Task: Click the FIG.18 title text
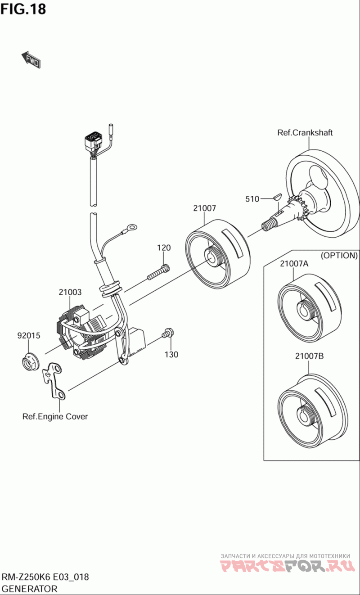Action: pos(23,9)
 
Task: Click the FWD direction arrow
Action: pos(31,59)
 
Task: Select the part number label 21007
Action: pos(205,208)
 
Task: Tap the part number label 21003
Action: pos(70,292)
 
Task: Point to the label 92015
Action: pos(29,335)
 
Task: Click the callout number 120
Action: pos(164,248)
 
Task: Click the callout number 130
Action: pos(171,355)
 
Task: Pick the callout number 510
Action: pos(252,199)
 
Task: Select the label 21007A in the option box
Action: pos(294,264)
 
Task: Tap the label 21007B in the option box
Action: pos(309,356)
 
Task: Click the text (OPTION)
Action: pos(339,255)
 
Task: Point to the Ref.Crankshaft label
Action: pos(305,132)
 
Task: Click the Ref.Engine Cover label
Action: pos(55,416)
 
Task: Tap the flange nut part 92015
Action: pos(29,361)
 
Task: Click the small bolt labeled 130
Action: pos(168,334)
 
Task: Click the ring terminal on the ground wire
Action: pos(132,228)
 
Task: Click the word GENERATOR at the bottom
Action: pos(30,588)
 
